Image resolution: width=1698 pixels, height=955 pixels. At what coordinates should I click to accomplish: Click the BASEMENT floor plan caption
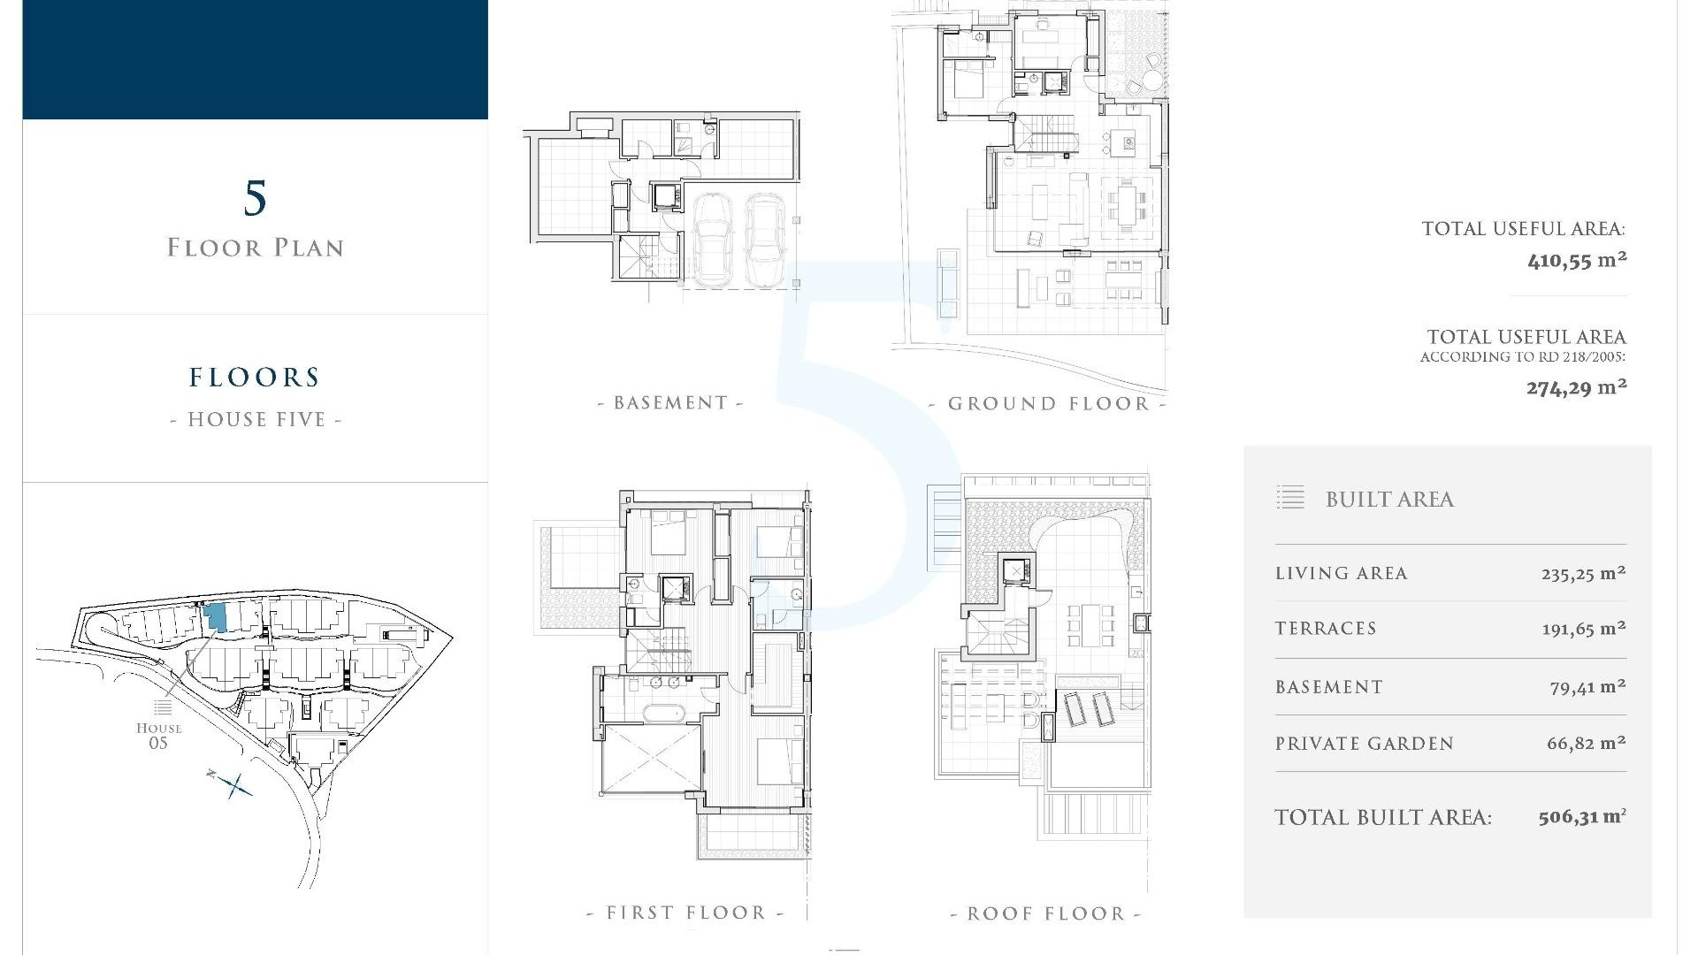coord(670,403)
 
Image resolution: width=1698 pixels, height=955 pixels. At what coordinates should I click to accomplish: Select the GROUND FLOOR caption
coord(1048,404)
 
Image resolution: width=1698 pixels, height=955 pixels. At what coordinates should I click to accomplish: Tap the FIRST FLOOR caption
coord(685,913)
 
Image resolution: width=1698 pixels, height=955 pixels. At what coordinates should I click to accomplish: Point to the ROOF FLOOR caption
coord(1045,913)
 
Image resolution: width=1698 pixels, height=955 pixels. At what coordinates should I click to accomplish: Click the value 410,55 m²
coord(1577,261)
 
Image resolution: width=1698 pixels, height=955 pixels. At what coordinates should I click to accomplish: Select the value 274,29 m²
coord(1577,387)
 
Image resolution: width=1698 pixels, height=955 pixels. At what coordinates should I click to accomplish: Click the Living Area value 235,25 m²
coord(1583,573)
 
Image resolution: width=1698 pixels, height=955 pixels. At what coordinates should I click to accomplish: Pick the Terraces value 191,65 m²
coord(1583,629)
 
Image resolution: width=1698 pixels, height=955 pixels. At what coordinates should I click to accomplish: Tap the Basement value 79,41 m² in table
coord(1587,687)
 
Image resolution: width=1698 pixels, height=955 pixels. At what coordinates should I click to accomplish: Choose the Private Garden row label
coord(1364,744)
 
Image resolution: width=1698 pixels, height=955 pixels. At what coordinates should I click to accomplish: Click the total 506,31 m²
coord(1581,817)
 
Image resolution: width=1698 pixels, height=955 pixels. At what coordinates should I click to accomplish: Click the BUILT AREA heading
coord(1389,500)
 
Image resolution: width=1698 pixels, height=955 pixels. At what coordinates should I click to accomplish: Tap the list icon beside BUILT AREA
coord(1290,498)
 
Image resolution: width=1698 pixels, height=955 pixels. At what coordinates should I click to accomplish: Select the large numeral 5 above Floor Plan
coord(255,198)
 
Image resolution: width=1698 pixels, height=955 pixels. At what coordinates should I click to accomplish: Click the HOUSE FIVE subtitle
coord(256,419)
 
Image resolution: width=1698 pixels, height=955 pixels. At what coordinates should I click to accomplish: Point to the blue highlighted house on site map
coord(215,617)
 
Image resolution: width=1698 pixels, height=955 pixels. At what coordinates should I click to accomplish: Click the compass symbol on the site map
coord(234,784)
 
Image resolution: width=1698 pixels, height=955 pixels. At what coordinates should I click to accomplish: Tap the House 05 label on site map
coord(159,735)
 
